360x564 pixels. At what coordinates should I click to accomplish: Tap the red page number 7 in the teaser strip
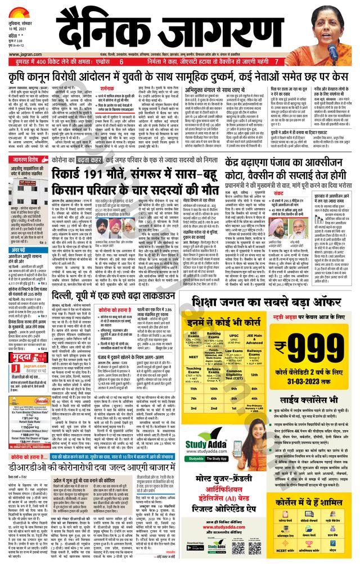tap(276, 61)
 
